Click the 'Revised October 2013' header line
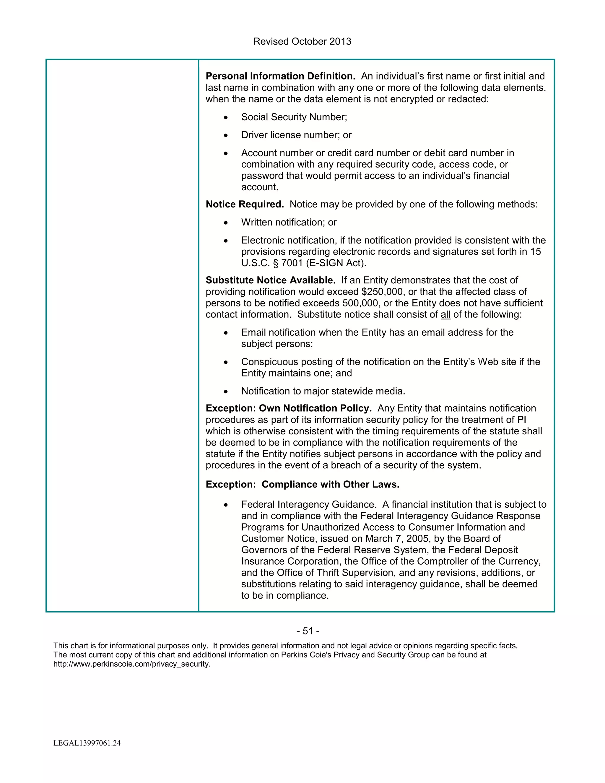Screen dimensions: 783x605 302,42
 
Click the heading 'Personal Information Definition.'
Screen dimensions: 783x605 280,76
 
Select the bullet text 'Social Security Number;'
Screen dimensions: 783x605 294,117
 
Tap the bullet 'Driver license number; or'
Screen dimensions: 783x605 296,135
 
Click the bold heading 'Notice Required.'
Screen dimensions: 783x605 244,204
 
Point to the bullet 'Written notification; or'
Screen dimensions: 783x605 289,222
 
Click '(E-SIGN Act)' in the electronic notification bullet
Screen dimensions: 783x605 336,263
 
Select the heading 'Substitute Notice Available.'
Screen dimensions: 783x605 271,280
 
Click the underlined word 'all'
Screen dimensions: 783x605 445,315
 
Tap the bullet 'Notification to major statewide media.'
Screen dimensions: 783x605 323,391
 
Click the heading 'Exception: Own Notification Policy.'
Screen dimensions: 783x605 289,408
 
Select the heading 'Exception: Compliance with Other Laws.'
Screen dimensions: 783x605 302,484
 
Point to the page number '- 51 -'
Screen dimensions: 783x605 308,631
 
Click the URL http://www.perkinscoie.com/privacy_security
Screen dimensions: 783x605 132,664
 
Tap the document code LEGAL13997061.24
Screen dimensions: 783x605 87,743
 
